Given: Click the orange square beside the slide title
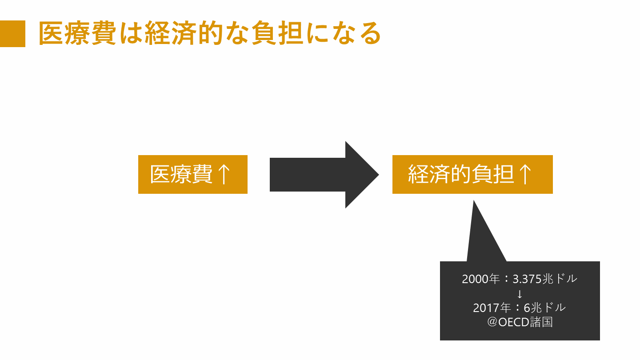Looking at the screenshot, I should coord(12,34).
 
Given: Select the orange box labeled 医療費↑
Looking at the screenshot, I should coord(192,174).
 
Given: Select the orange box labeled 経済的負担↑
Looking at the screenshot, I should coord(472,174).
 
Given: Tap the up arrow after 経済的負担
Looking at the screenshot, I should coord(524,174).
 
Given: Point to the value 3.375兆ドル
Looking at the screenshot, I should coord(544,279).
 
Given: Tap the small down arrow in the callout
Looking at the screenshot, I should coord(520,294).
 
